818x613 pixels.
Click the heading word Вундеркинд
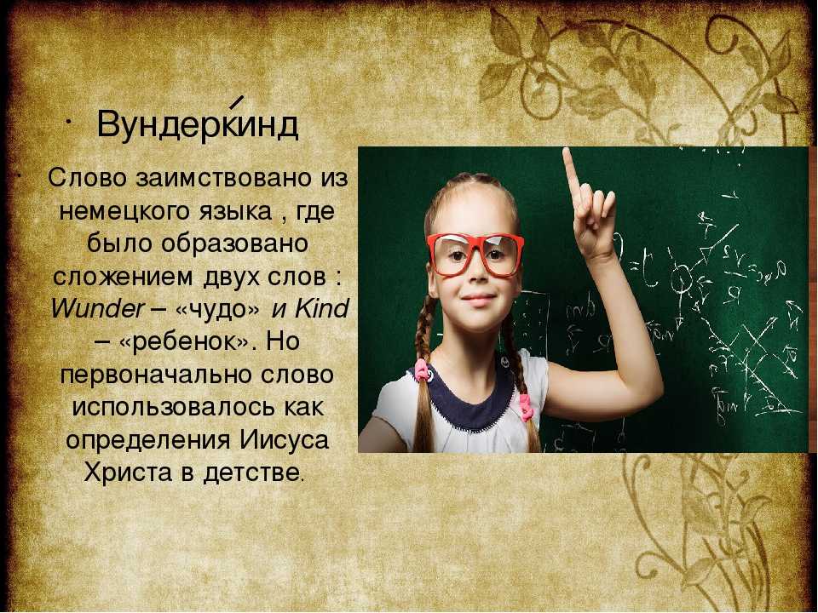pyautogui.click(x=197, y=125)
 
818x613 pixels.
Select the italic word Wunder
pyautogui.click(x=97, y=308)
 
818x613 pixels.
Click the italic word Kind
pyautogui.click(x=321, y=308)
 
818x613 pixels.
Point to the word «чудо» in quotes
pyautogui.click(x=217, y=310)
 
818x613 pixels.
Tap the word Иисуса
pyautogui.click(x=285, y=440)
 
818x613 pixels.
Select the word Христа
pyautogui.click(x=128, y=473)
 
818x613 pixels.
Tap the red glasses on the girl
pyautogui.click(x=475, y=254)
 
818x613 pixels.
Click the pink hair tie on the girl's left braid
pyautogui.click(x=525, y=407)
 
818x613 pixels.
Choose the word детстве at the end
pyautogui.click(x=251, y=473)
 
